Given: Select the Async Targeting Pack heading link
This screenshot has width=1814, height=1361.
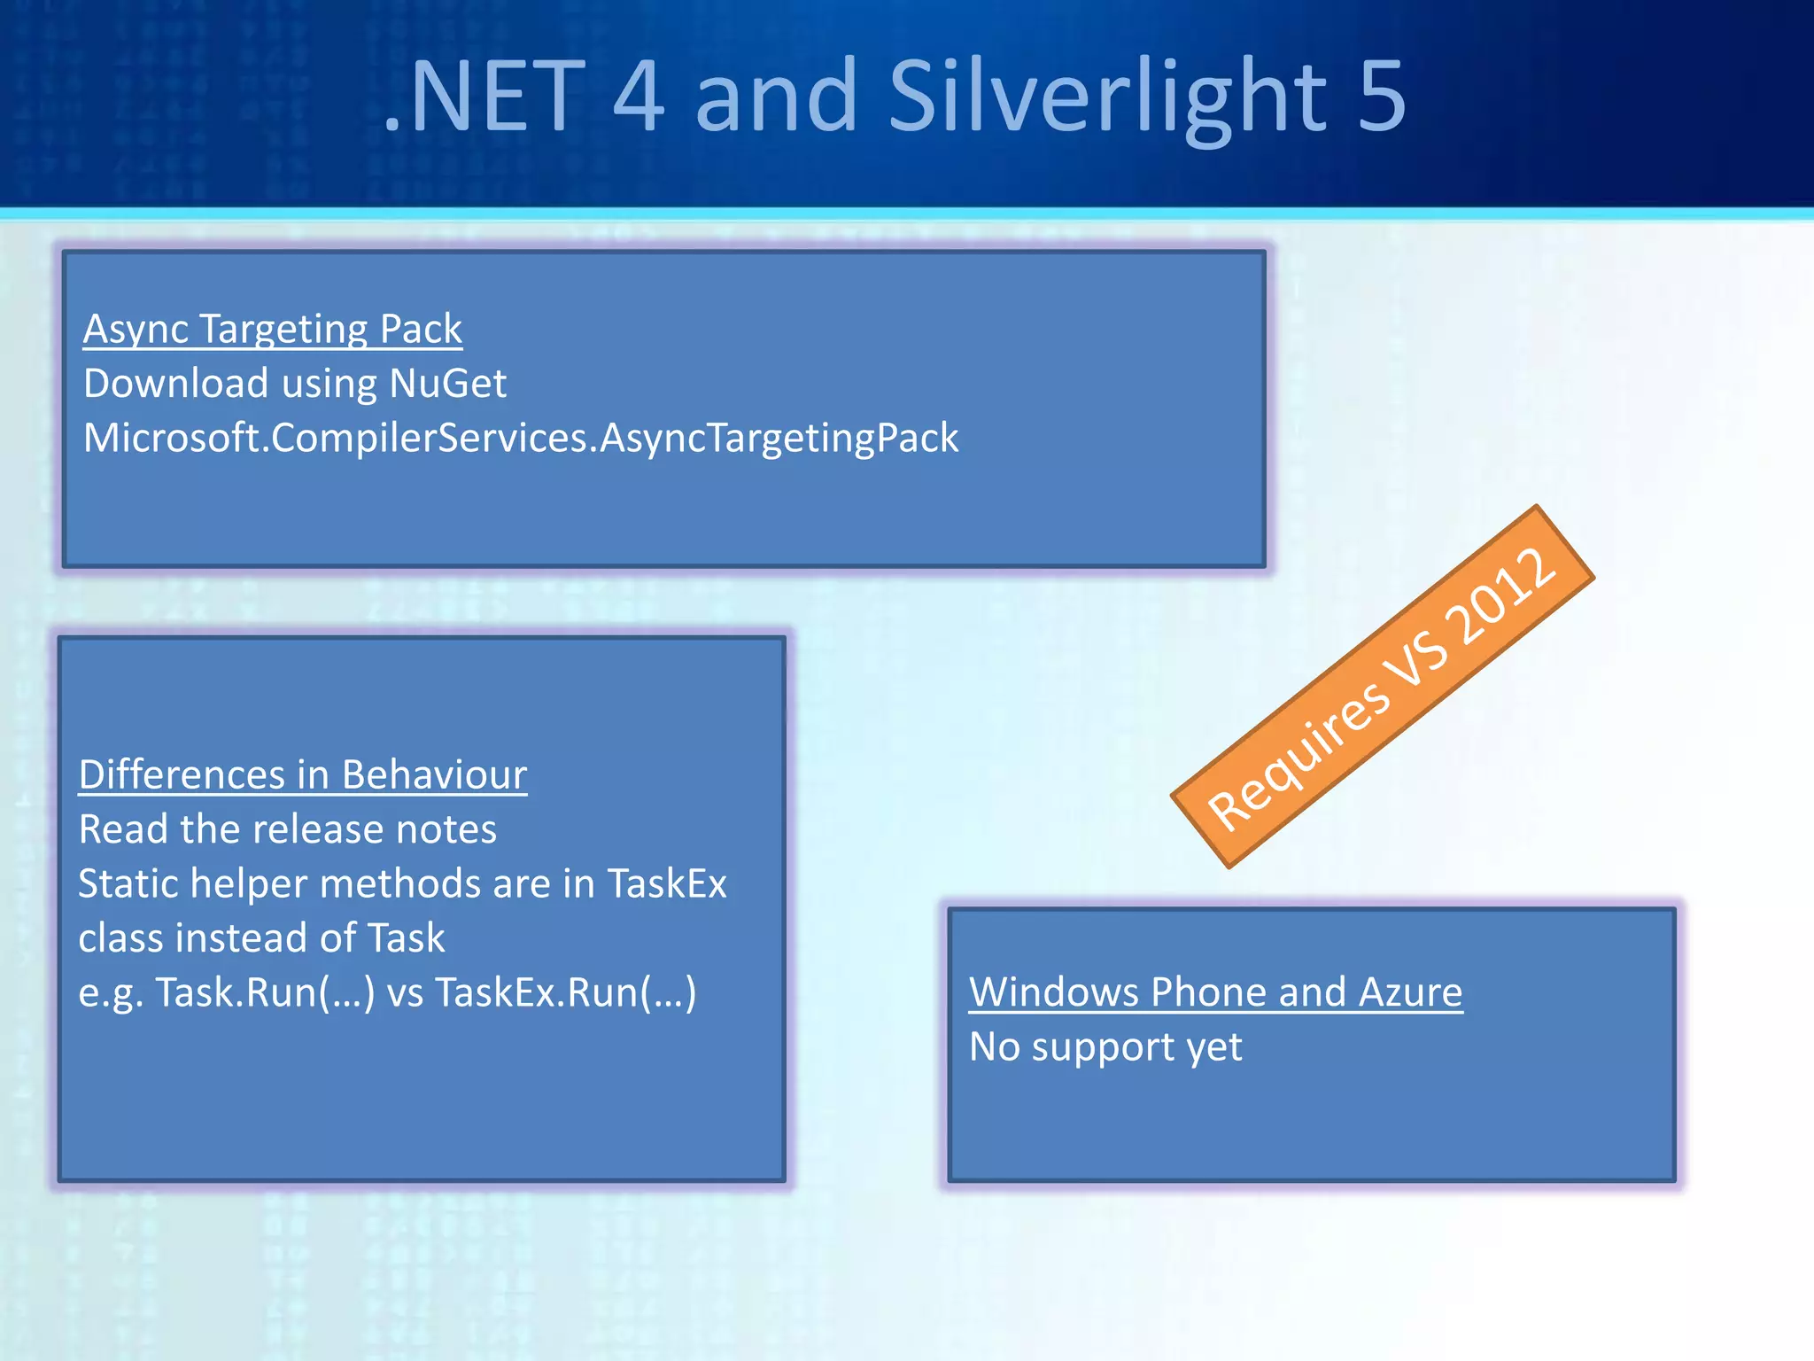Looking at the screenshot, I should tap(272, 329).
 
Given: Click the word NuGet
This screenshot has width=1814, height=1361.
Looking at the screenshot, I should tap(447, 384).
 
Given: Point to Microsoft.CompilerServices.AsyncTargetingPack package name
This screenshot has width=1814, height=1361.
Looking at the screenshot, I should tap(521, 438).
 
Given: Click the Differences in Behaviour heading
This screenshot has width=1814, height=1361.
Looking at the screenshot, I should tap(303, 774).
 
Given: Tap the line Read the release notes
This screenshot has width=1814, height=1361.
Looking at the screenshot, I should tap(288, 829).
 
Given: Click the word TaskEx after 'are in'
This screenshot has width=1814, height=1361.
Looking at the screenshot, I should tap(666, 883).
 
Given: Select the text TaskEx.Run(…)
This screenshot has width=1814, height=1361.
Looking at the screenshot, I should tap(565, 992).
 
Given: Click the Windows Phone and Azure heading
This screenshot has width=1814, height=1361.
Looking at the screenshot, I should tap(1215, 992).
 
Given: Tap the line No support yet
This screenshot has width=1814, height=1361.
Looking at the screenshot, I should tap(1105, 1046).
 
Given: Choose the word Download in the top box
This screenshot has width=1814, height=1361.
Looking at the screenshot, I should tap(175, 384).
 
